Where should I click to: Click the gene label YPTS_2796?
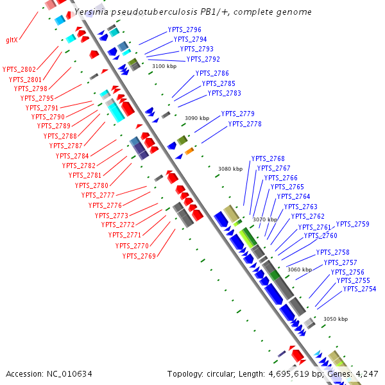tap(184, 30)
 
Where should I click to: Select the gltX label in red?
tap(12, 40)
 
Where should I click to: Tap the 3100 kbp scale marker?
tap(164, 66)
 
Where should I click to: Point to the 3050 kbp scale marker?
tap(336, 319)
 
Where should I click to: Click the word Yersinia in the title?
tap(92, 12)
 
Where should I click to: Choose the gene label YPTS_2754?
tap(359, 289)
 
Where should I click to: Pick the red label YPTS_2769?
tap(139, 256)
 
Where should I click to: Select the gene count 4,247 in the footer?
tap(366, 373)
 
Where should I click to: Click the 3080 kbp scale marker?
tap(230, 169)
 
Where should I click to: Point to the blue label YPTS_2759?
tap(353, 224)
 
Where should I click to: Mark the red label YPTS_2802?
tap(19, 69)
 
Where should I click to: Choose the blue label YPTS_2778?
tap(245, 124)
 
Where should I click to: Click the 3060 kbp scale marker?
tap(300, 269)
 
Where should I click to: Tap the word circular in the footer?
tap(224, 373)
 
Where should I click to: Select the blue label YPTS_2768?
tap(268, 158)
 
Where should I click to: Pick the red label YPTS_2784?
tap(73, 156)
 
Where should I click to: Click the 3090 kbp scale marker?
tap(197, 118)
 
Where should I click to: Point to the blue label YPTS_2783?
tap(224, 93)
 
